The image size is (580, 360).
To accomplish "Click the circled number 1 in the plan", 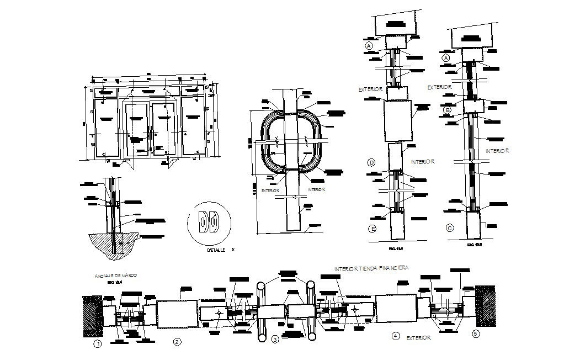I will point(98,344).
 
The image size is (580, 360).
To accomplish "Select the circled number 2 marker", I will point(177,342).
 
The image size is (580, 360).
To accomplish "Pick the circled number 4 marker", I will point(395,336).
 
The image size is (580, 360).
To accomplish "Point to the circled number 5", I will point(476,333).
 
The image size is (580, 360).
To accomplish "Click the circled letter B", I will point(448,110).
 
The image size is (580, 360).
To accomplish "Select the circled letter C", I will point(450,227).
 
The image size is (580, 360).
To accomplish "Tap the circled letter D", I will point(372,162).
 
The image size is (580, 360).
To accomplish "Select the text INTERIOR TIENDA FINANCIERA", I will point(371,268).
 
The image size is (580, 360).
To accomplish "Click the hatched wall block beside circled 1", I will point(92,316).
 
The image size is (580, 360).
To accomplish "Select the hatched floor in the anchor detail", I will point(113,245).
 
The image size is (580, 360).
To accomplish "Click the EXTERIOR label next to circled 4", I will point(418,337).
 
